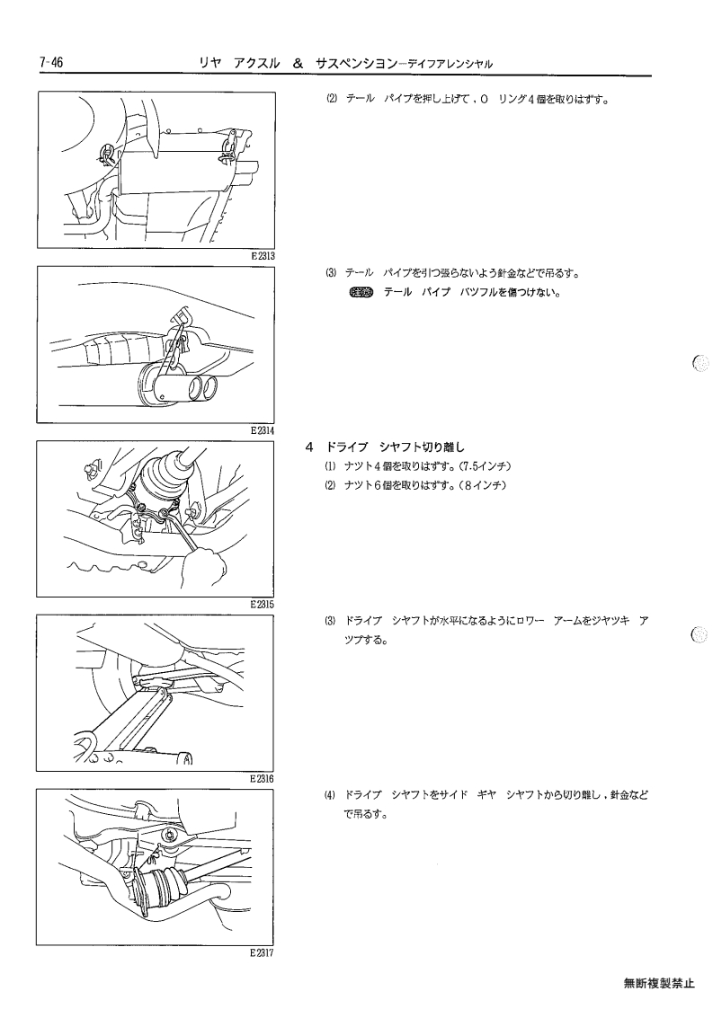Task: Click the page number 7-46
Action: (x=50, y=63)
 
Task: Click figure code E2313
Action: (x=263, y=255)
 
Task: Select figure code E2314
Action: (x=263, y=430)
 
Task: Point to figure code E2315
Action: (x=263, y=605)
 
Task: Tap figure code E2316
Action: (x=263, y=779)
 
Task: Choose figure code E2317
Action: (x=263, y=953)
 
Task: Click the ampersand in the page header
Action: (x=298, y=64)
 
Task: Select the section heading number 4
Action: (x=310, y=447)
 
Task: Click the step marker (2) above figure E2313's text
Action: (x=331, y=100)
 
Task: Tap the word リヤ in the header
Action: (x=210, y=64)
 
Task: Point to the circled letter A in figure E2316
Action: (x=187, y=758)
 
